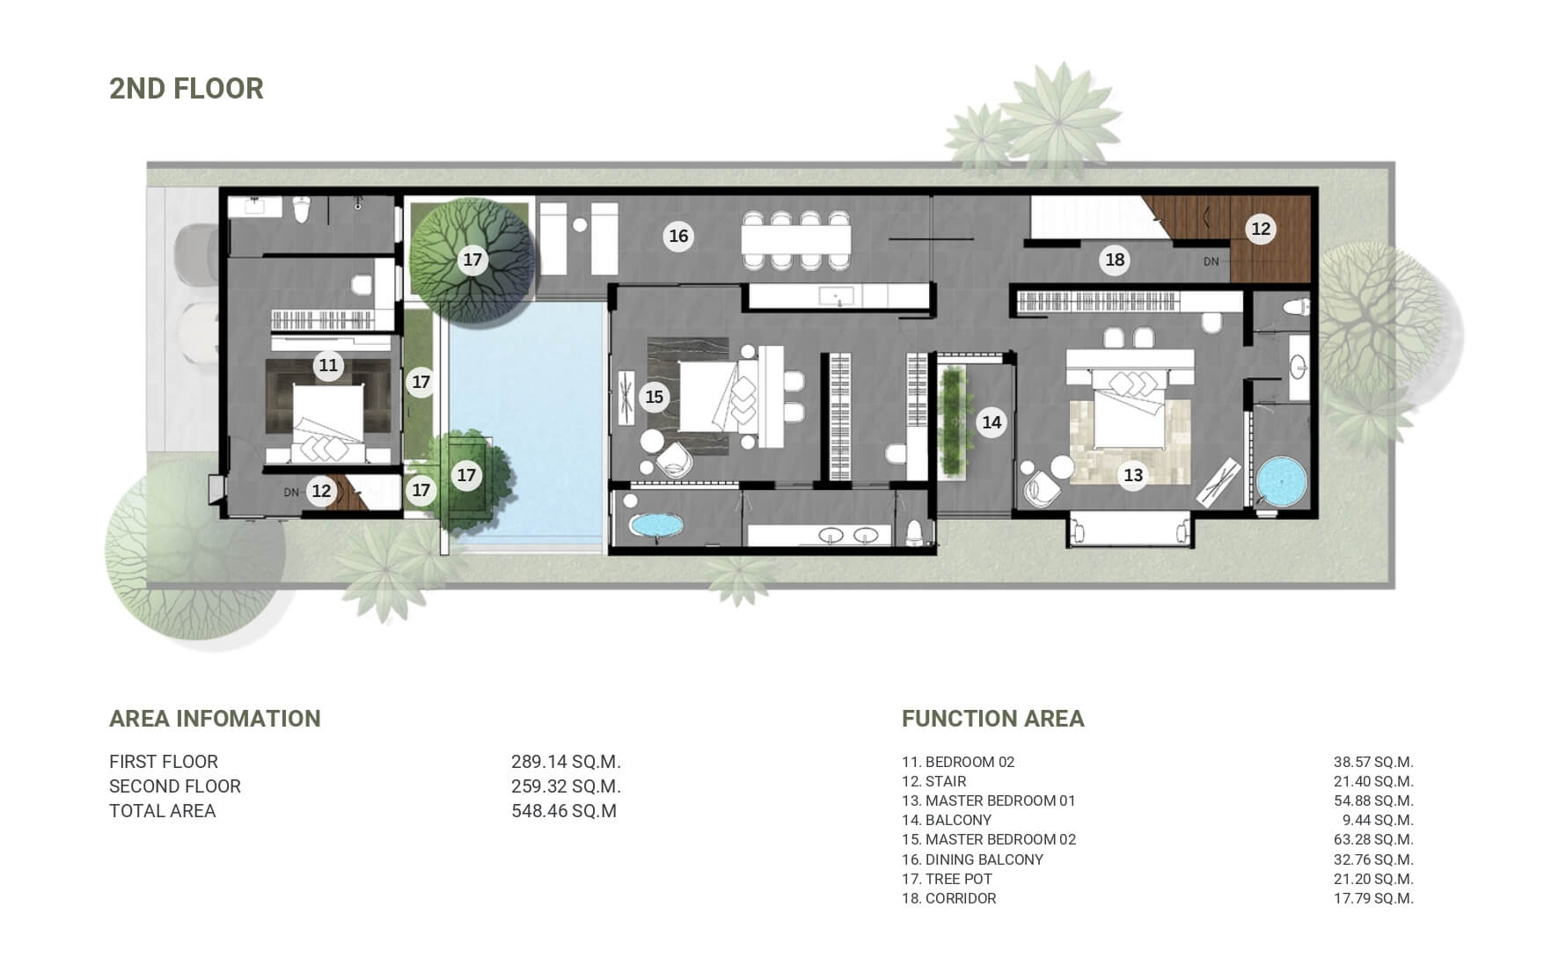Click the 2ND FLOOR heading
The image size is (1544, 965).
pos(187,89)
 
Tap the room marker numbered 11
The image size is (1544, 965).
pos(328,365)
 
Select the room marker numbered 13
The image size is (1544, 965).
pos(1133,476)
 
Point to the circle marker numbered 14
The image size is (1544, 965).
pos(992,422)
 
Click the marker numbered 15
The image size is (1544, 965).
pos(654,397)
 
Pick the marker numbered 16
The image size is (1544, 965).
pos(678,236)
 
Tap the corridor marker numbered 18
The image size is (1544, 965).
pos(1115,260)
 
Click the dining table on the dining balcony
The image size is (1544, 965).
pos(796,239)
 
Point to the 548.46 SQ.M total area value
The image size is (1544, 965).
pos(564,811)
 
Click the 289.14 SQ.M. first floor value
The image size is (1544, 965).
pos(566,762)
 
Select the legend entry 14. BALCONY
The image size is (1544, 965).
pos(947,820)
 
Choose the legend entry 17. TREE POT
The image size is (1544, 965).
pos(947,879)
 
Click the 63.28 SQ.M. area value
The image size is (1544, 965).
pos(1373,839)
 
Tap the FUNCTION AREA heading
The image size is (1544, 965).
pos(993,719)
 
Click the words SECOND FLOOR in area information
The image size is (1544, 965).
pos(175,786)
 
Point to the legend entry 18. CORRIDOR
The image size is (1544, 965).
pos(949,898)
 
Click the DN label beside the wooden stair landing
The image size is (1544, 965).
pos(1211,261)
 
